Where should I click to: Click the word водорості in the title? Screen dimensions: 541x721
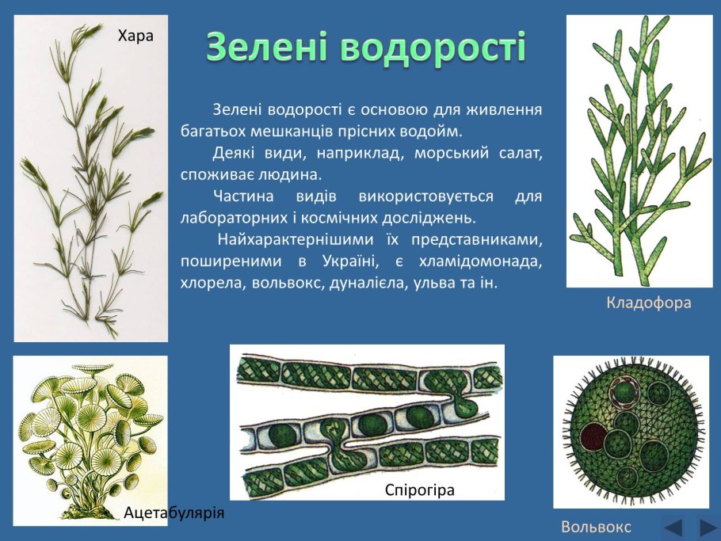[x=433, y=49]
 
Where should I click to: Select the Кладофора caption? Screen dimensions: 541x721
[x=649, y=303]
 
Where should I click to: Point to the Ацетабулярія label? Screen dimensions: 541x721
[x=174, y=513]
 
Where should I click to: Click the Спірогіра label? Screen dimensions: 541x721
[x=420, y=490]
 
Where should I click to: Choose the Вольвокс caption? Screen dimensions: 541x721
[x=596, y=527]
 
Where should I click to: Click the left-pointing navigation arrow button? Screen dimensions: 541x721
[x=673, y=526]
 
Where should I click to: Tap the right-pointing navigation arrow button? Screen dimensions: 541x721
[x=707, y=526]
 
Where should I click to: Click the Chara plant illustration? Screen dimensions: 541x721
[x=91, y=178]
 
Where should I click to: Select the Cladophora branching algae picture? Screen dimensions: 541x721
[x=640, y=150]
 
